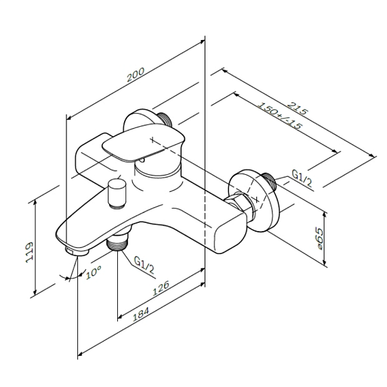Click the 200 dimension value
[136, 75]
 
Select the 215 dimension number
[298, 108]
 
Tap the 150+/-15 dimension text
[280, 116]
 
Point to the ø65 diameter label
[319, 239]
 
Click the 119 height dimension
[29, 252]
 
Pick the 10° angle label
[94, 272]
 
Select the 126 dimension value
[161, 288]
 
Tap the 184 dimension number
[141, 314]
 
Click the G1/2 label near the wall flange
[302, 179]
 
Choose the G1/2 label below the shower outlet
[144, 264]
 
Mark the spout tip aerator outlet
[77, 252]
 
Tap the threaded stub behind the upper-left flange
[165, 119]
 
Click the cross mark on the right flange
[258, 199]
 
